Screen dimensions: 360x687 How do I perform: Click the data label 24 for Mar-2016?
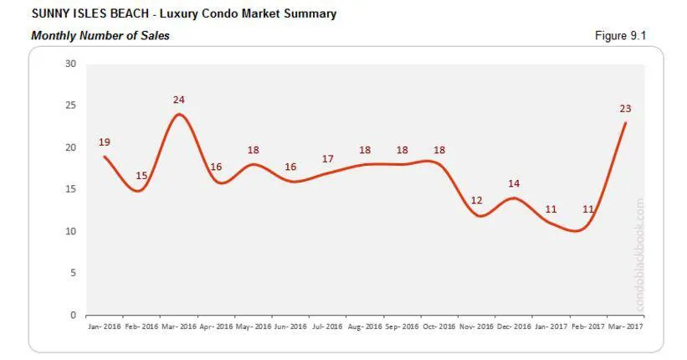tap(178, 100)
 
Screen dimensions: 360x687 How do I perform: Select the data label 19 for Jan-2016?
tap(104, 142)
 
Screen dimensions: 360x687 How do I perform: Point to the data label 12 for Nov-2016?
tap(477, 200)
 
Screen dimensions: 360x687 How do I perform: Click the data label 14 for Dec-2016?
tap(514, 183)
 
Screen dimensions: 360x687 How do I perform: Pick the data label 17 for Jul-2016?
tap(328, 159)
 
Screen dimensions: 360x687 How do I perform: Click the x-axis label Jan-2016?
tap(104, 326)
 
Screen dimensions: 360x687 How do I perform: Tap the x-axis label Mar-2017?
tap(626, 326)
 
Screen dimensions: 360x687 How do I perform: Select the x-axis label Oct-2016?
tap(439, 326)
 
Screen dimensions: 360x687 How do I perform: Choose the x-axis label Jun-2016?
tap(290, 326)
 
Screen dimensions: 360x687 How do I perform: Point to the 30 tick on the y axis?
tap(70, 64)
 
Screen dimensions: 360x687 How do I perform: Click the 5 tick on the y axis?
tap(73, 273)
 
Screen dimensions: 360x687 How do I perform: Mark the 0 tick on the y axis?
tap(73, 315)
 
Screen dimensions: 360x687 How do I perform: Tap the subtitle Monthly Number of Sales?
tap(100, 36)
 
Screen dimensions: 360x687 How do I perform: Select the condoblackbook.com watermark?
tap(640, 255)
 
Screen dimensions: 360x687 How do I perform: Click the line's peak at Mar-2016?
tap(178, 114)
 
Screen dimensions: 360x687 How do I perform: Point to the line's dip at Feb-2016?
tap(139, 191)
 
